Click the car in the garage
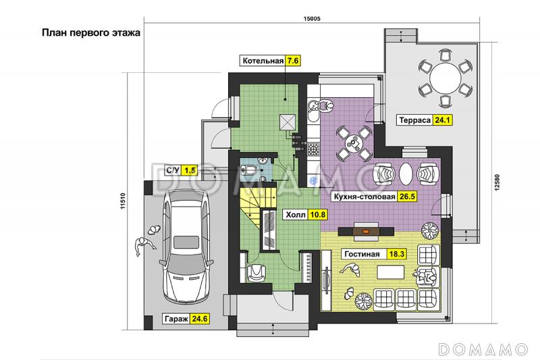184,246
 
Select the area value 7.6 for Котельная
292,61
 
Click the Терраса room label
414,120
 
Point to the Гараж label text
176,319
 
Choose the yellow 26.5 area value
407,197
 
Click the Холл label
296,215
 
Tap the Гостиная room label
362,254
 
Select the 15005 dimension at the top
311,19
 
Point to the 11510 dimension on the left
124,201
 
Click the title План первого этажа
91,32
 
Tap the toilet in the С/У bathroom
248,170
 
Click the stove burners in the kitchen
313,149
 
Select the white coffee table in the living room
391,272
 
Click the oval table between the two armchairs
406,174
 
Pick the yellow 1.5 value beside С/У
190,170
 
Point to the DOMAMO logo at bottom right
483,349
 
